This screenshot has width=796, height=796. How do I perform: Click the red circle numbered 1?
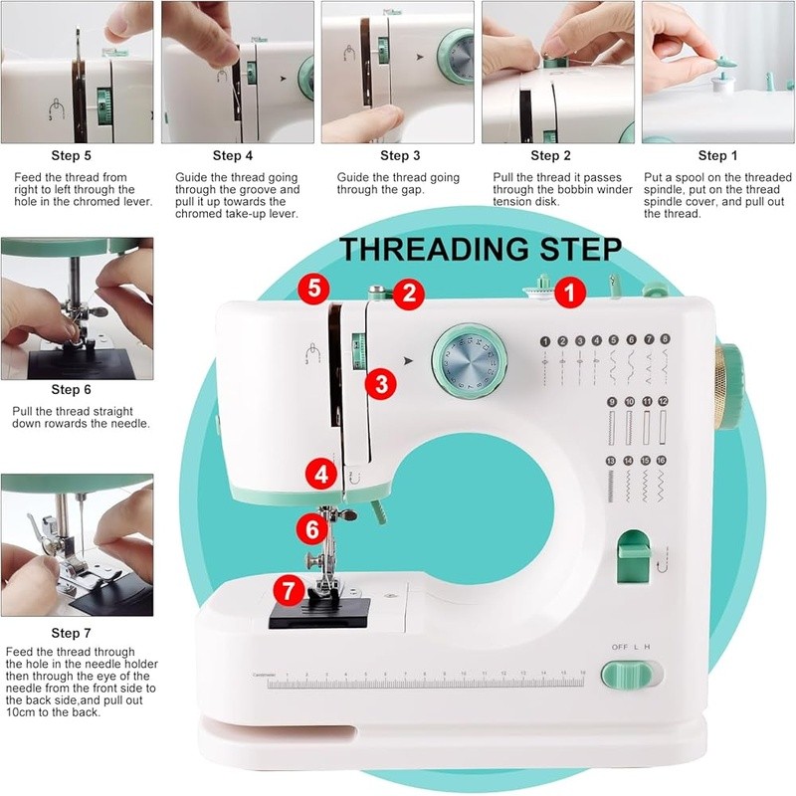569,292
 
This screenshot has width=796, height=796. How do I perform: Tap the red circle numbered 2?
408,293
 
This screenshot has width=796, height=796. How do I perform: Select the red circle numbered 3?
378,383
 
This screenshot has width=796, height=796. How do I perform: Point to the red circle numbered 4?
320,475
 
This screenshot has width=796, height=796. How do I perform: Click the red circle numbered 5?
314,290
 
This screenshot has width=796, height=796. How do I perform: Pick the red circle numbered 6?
312,529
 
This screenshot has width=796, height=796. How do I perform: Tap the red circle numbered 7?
288,589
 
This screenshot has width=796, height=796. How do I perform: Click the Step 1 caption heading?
712,155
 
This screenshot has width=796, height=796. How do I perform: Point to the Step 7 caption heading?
72,633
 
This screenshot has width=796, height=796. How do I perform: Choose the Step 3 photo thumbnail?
398,72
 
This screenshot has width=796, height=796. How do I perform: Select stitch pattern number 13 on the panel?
611,461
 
